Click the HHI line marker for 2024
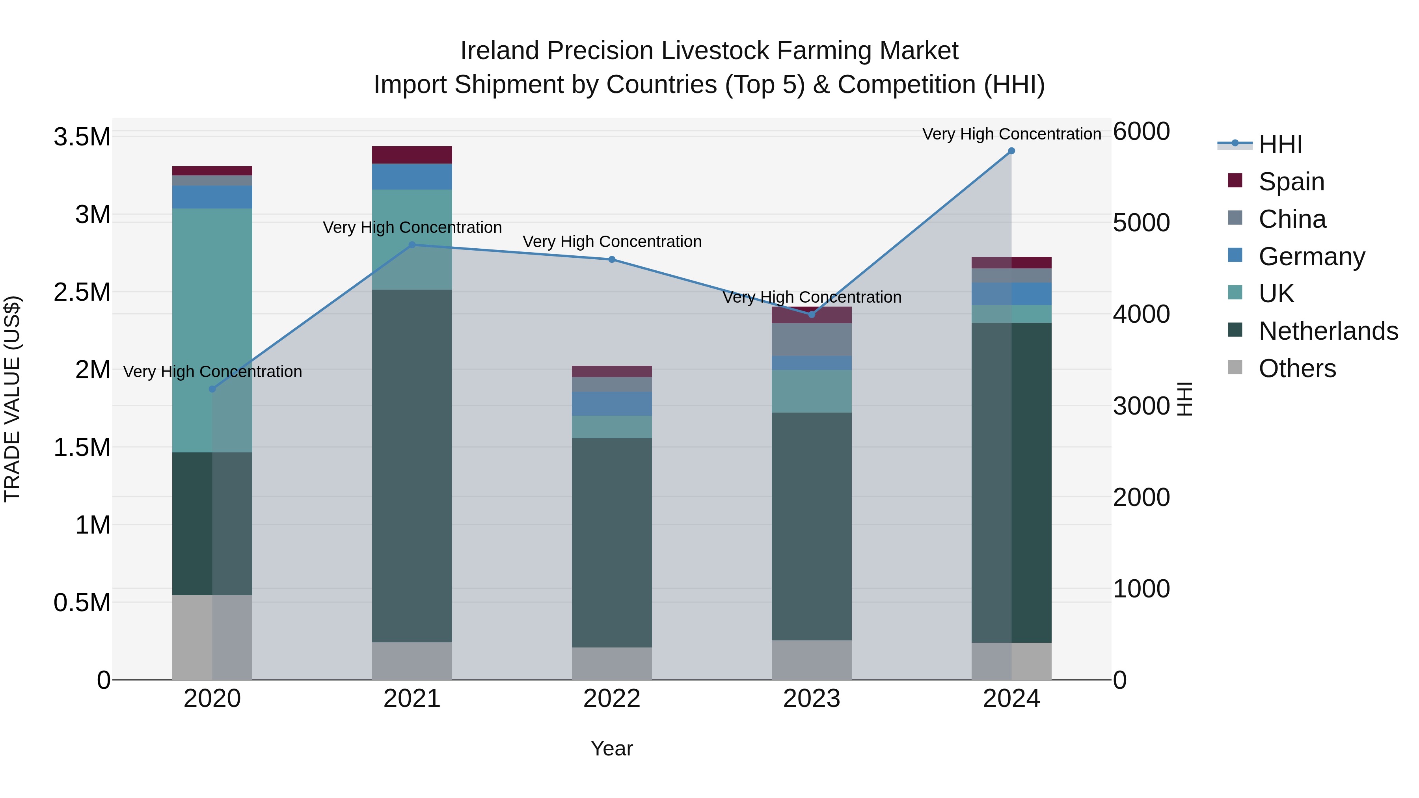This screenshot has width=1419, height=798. click(1011, 151)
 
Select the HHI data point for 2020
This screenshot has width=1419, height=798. click(212, 389)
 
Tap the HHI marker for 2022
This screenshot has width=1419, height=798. click(612, 259)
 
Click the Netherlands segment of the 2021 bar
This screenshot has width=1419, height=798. click(412, 465)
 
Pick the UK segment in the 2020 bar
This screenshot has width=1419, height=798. click(212, 331)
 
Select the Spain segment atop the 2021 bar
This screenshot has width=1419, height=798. click(412, 155)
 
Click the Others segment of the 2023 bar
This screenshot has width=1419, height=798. click(812, 659)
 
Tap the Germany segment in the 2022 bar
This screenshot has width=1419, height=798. click(612, 404)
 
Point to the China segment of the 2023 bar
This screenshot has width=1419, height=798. click(812, 339)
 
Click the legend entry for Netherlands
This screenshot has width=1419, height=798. click(1328, 331)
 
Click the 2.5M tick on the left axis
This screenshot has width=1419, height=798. click(82, 292)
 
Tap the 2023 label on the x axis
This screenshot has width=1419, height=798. click(812, 699)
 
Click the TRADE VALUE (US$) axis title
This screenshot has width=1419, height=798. click(12, 399)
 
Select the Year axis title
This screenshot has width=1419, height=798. click(611, 748)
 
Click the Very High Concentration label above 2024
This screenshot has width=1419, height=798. click(1011, 134)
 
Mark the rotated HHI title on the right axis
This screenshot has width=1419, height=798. click(1184, 399)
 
